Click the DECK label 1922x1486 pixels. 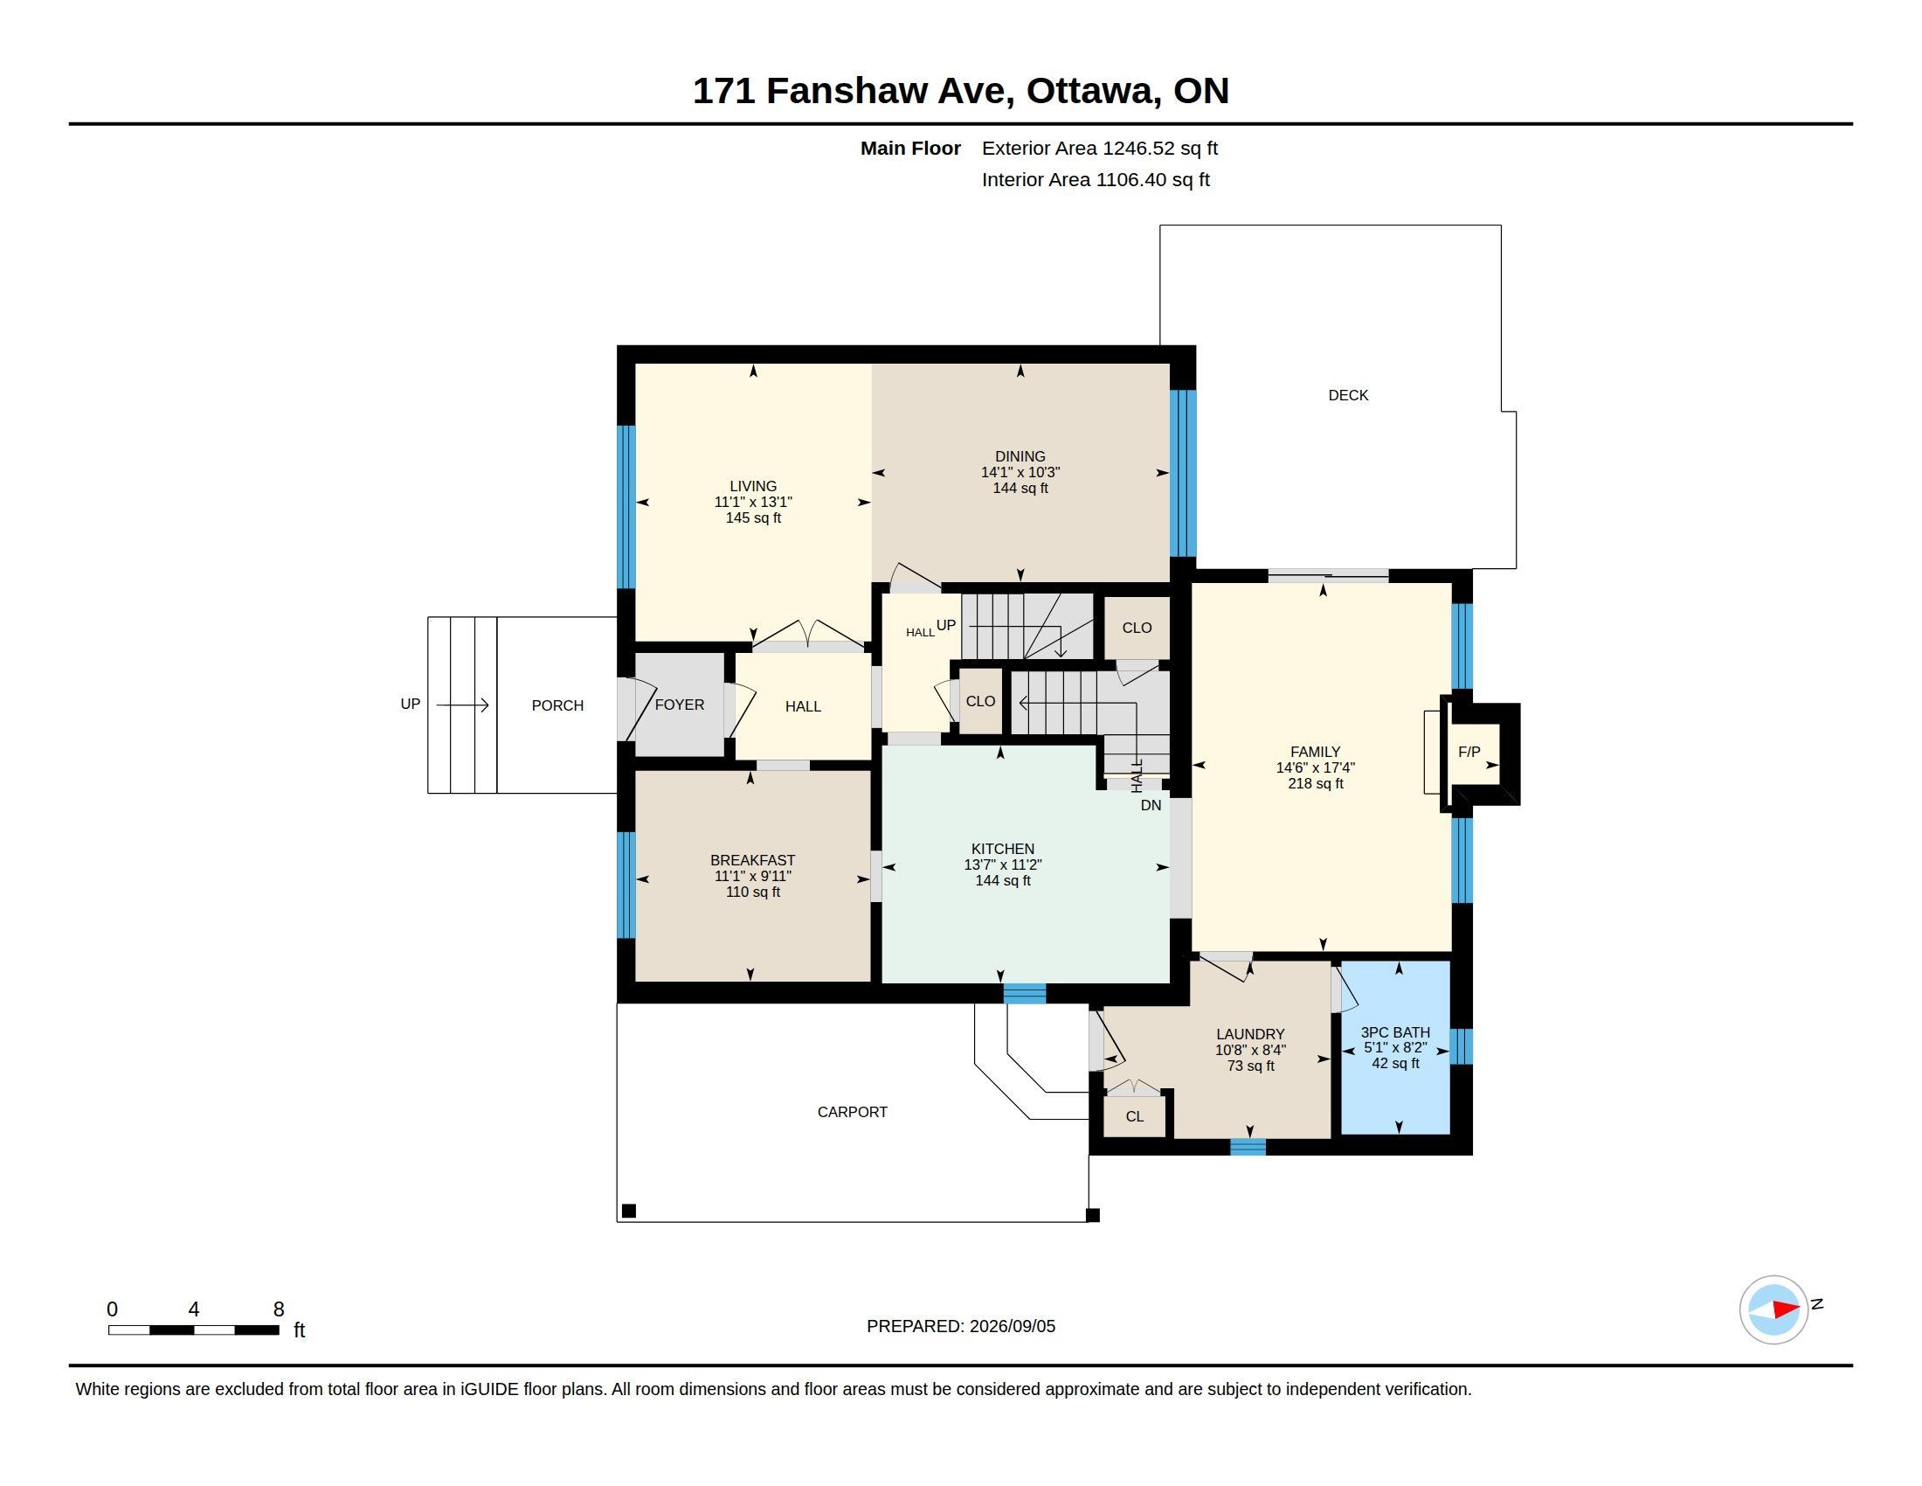click(1347, 395)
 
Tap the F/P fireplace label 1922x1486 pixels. click(1469, 752)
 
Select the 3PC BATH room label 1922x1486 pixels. click(1395, 1032)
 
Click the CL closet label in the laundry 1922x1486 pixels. click(1134, 1116)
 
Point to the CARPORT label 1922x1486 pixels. click(852, 1112)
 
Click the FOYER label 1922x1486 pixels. click(680, 705)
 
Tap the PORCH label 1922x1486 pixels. click(557, 705)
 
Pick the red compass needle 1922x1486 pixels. click(1786, 1309)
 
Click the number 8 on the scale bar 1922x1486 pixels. click(279, 1309)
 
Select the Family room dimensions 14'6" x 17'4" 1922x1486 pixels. click(1315, 767)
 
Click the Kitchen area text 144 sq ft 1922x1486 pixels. click(1002, 880)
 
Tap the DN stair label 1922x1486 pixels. click(1151, 804)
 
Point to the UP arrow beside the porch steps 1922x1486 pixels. click(462, 705)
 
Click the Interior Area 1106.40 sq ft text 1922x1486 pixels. click(1096, 179)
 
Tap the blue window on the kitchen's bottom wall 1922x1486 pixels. click(1025, 994)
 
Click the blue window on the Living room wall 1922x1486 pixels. click(626, 506)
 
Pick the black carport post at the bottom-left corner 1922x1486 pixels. click(628, 1211)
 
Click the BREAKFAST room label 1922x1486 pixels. click(752, 860)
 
